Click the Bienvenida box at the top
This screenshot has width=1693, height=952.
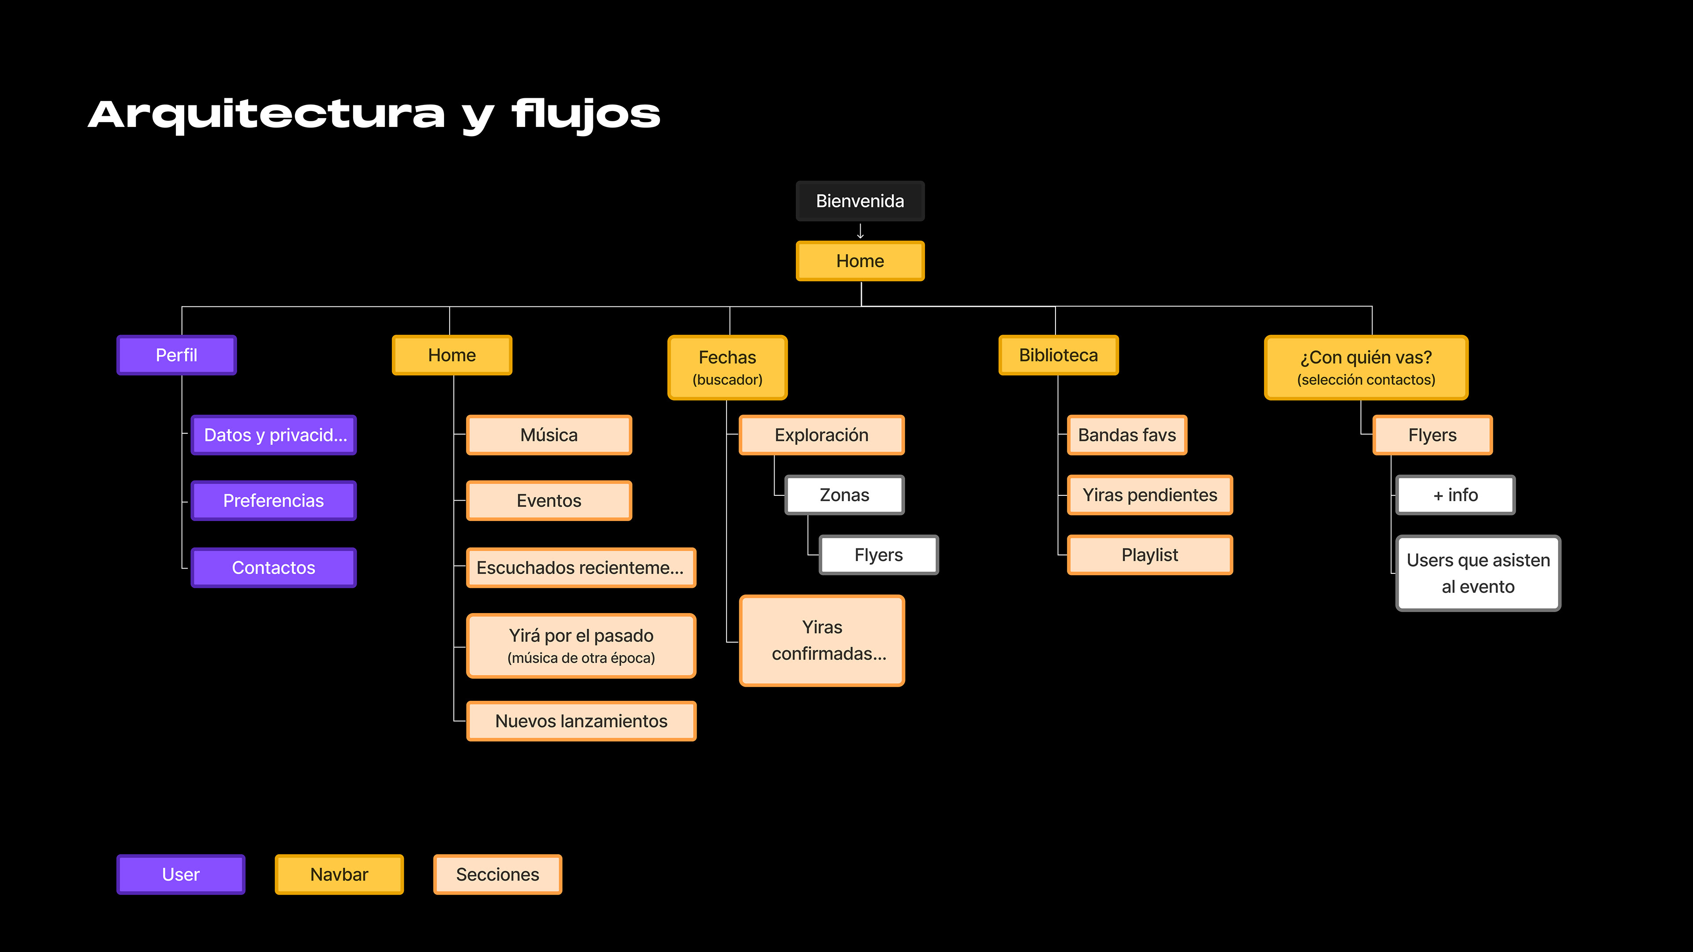pyautogui.click(x=860, y=201)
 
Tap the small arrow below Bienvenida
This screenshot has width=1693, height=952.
pyautogui.click(x=860, y=231)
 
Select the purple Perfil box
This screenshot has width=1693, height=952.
pyautogui.click(x=176, y=355)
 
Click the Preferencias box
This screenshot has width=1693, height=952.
pyautogui.click(x=273, y=501)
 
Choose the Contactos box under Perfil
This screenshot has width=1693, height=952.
pyautogui.click(x=273, y=568)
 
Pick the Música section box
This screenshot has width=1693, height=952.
pyautogui.click(x=549, y=435)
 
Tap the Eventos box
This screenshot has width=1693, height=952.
pyautogui.click(x=549, y=501)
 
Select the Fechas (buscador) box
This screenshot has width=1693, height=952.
pyautogui.click(x=727, y=367)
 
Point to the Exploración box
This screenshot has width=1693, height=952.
pyautogui.click(x=821, y=435)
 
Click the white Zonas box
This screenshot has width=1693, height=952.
pyautogui.click(x=845, y=495)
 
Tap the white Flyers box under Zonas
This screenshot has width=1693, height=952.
pyautogui.click(x=879, y=555)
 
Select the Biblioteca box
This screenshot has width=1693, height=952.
pyautogui.click(x=1058, y=355)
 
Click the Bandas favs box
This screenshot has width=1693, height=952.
pyautogui.click(x=1127, y=435)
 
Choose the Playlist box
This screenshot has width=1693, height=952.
pyautogui.click(x=1149, y=555)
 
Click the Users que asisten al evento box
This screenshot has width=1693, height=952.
pyautogui.click(x=1478, y=573)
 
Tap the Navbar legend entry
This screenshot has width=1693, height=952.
pyautogui.click(x=339, y=874)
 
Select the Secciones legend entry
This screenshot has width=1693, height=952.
pyautogui.click(x=497, y=874)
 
